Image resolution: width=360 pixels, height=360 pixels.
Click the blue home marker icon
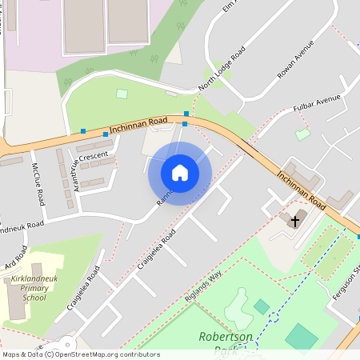point(180,173)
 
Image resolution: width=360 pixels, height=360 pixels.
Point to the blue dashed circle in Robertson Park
point(274,318)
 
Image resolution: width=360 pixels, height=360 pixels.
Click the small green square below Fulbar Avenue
point(302,134)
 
